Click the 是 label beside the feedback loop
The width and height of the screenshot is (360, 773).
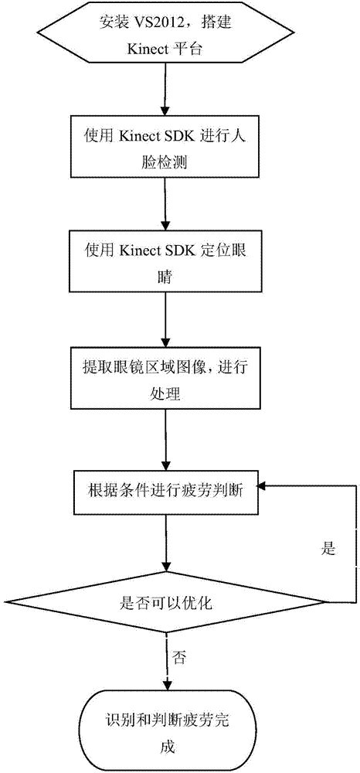(x=328, y=550)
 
